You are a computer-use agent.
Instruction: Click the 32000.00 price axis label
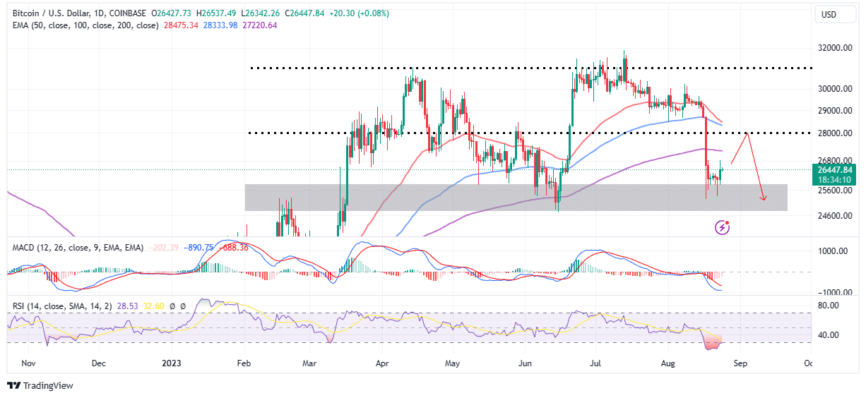coord(834,49)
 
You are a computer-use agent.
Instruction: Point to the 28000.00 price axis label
coord(834,133)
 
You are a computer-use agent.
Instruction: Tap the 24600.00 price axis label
coord(834,216)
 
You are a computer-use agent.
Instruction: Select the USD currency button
coord(829,14)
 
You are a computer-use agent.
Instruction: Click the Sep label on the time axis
coord(740,363)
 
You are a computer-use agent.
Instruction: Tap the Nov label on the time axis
coord(28,363)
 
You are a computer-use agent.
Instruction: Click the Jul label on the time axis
coord(595,363)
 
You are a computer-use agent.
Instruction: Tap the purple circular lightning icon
coord(723,227)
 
